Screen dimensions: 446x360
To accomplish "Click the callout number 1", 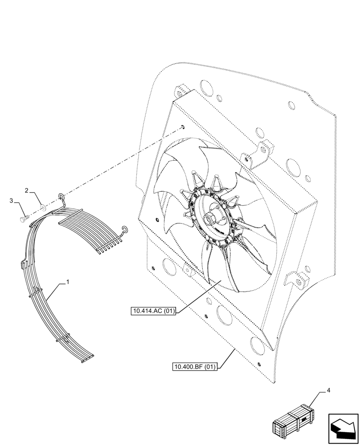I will [67, 282].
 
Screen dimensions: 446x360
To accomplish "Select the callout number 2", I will [27, 190].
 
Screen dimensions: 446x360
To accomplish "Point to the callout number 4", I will [328, 391].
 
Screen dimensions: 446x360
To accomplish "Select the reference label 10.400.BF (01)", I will [195, 367].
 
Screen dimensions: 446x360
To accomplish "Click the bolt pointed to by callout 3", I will [25, 219].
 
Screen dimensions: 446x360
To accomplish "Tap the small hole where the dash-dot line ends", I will [183, 127].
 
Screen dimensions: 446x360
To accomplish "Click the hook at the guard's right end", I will [124, 229].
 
